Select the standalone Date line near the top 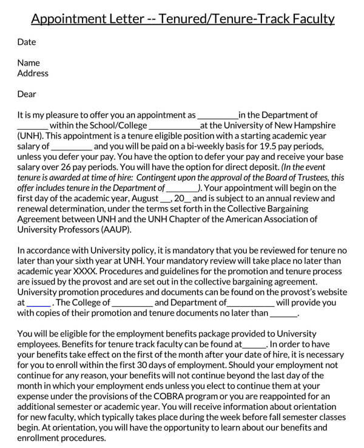pos(27,42)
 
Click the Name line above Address pos(29,63)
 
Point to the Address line pos(33,73)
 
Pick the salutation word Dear pos(27,94)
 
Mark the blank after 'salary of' pos(72,146)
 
